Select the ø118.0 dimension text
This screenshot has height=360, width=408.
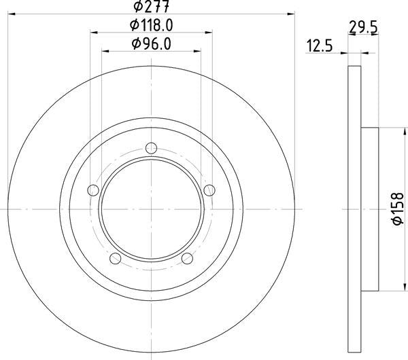click(x=150, y=26)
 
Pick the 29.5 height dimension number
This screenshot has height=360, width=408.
click(x=362, y=27)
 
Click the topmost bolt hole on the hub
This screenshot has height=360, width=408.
click(x=151, y=147)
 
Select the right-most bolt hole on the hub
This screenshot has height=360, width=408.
click(x=209, y=189)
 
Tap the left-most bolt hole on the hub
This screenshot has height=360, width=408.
click(x=93, y=190)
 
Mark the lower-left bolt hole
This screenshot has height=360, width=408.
click(x=115, y=257)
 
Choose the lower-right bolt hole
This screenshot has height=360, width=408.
click(x=187, y=257)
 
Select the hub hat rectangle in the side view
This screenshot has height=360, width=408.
click(x=369, y=209)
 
